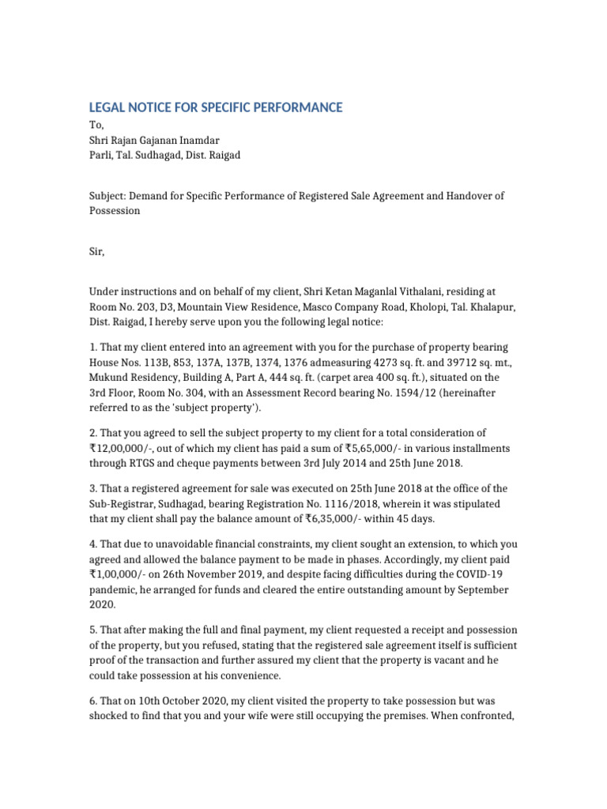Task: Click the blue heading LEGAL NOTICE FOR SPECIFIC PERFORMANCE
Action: tap(215, 107)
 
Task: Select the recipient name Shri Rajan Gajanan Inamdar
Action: tap(154, 140)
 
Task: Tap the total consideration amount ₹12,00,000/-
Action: tap(123, 448)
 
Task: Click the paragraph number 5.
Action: tap(92, 630)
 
